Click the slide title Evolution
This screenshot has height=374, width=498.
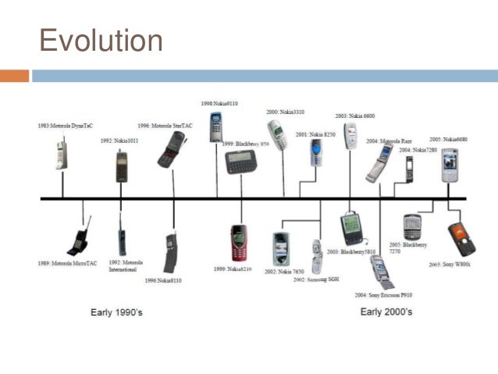101,40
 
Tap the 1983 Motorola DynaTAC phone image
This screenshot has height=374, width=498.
61,155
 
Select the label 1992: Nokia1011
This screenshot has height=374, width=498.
120,141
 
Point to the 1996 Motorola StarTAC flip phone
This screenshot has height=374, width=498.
169,150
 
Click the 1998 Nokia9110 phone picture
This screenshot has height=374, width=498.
215,127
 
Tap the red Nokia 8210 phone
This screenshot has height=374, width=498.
239,243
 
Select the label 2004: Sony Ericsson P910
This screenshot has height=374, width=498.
382,294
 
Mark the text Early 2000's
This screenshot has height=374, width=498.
386,312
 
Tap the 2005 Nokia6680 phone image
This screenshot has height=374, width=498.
449,165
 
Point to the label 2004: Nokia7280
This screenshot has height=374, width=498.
418,149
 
